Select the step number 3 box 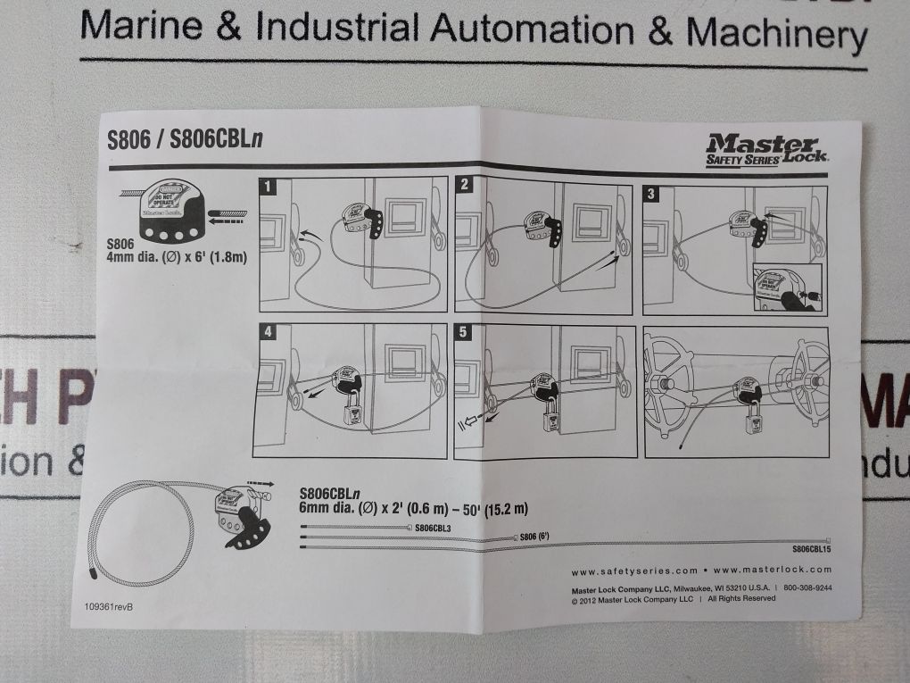click(x=653, y=194)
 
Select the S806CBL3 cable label click(x=433, y=528)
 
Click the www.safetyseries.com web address click(x=634, y=571)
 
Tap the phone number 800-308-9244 click(x=808, y=588)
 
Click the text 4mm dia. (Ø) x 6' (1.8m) click(x=176, y=258)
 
